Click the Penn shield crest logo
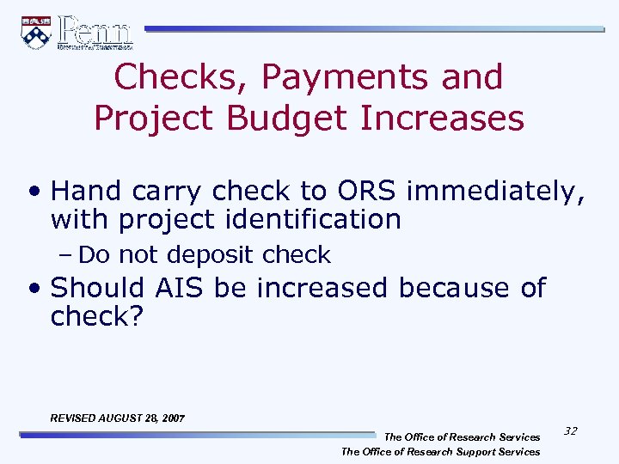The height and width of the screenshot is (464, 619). [x=36, y=33]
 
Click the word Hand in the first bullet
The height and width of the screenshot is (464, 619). [x=85, y=190]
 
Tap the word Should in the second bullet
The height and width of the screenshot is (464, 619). [x=99, y=287]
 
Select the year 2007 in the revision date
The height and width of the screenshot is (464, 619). [x=171, y=418]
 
